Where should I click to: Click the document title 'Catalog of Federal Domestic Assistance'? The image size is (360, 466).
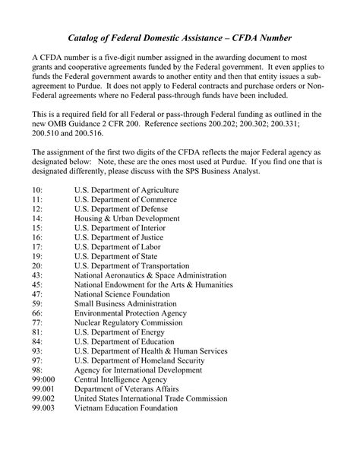pos(179,37)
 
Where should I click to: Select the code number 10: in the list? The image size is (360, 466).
pos(37,190)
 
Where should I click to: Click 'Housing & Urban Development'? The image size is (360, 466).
pos(127,218)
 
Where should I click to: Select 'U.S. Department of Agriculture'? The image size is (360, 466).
pos(126,190)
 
